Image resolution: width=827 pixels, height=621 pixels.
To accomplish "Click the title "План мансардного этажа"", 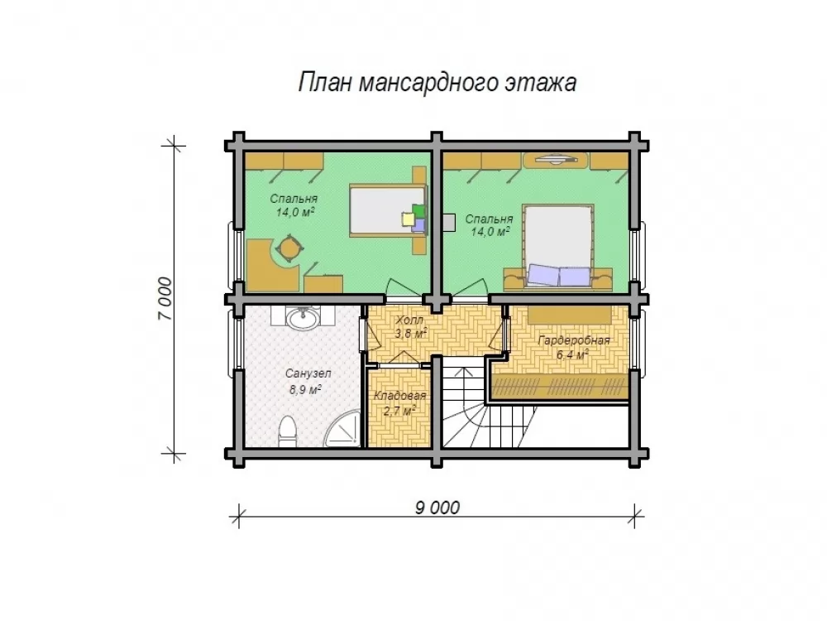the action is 437,83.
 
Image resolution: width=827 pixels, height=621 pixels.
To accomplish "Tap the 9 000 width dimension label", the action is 437,508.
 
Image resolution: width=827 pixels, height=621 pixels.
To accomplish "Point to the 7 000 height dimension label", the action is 165,299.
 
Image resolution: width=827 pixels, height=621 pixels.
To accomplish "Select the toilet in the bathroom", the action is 287,431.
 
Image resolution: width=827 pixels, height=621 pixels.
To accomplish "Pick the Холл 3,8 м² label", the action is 410,327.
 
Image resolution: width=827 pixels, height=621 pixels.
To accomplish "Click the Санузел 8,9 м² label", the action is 308,382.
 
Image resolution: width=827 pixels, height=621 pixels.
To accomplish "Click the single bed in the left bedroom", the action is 388,211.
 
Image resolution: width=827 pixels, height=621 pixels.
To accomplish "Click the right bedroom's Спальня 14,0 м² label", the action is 489,225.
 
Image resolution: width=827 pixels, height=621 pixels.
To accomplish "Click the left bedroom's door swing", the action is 404,286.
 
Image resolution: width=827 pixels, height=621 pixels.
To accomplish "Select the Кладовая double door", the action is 399,359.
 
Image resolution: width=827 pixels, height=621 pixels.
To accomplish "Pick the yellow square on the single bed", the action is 408,219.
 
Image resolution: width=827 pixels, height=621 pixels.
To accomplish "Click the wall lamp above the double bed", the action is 554,158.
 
